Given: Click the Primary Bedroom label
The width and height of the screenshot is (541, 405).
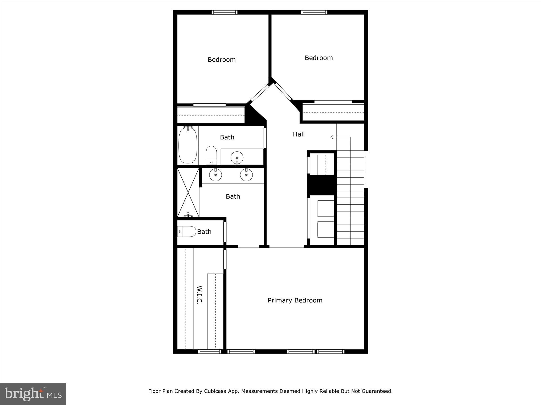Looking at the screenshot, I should pyautogui.click(x=295, y=300).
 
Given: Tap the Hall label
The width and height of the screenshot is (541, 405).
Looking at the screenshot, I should pyautogui.click(x=299, y=134).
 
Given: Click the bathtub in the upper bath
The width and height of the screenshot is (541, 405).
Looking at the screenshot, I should pyautogui.click(x=188, y=145).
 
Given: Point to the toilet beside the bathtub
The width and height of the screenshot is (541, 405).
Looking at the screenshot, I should pyautogui.click(x=211, y=155).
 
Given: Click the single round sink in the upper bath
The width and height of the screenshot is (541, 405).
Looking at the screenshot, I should pyautogui.click(x=237, y=158).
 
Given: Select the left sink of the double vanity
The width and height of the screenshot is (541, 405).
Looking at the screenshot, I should pyautogui.click(x=216, y=175).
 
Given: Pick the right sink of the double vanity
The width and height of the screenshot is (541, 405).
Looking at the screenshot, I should pyautogui.click(x=246, y=175).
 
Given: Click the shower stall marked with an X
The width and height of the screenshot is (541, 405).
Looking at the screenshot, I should pyautogui.click(x=188, y=192).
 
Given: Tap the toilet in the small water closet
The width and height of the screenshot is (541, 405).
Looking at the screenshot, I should pyautogui.click(x=187, y=232).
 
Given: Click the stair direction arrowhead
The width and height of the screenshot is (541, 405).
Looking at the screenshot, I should pyautogui.click(x=332, y=137).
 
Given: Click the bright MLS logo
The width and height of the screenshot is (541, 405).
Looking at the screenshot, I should pyautogui.click(x=33, y=394).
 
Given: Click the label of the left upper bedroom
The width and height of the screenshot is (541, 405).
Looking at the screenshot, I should pyautogui.click(x=222, y=60).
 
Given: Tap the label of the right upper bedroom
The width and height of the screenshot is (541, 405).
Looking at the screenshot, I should pyautogui.click(x=319, y=58).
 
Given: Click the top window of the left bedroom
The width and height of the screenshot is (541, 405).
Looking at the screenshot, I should pyautogui.click(x=225, y=12).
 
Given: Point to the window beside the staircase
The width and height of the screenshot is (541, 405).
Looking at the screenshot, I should pyautogui.click(x=366, y=169).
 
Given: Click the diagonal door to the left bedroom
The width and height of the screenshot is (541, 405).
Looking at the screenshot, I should pyautogui.click(x=259, y=93).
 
